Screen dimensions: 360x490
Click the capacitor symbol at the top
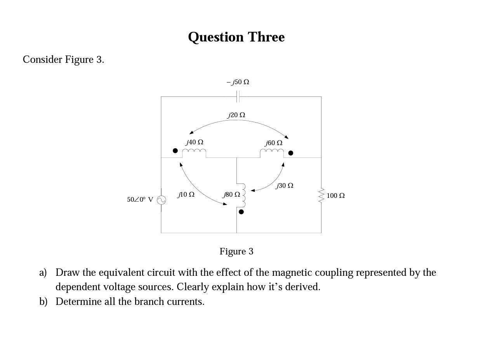tap(238, 96)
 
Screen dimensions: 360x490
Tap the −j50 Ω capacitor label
tap(238, 82)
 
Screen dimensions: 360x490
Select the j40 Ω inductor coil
tap(194, 152)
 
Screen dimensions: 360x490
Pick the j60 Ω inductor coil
tap(272, 152)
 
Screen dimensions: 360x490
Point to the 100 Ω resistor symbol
tap(321, 196)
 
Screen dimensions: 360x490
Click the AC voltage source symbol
tap(162, 200)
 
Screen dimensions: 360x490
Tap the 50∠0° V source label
tap(140, 200)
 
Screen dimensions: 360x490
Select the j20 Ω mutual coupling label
tap(236, 115)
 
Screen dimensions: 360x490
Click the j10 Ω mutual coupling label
tap(186, 194)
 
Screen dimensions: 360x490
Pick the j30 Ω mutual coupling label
tap(285, 186)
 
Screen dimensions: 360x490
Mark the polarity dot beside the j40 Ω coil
tap(175, 151)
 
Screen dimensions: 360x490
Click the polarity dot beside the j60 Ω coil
tap(290, 153)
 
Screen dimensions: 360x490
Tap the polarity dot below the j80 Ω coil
tap(241, 212)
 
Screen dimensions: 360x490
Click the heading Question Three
tap(236, 37)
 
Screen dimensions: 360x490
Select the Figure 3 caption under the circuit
tap(236, 251)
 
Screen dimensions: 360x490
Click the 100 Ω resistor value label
tap(335, 196)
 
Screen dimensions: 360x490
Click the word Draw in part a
tap(66, 273)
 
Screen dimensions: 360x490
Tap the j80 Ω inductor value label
tap(231, 194)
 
